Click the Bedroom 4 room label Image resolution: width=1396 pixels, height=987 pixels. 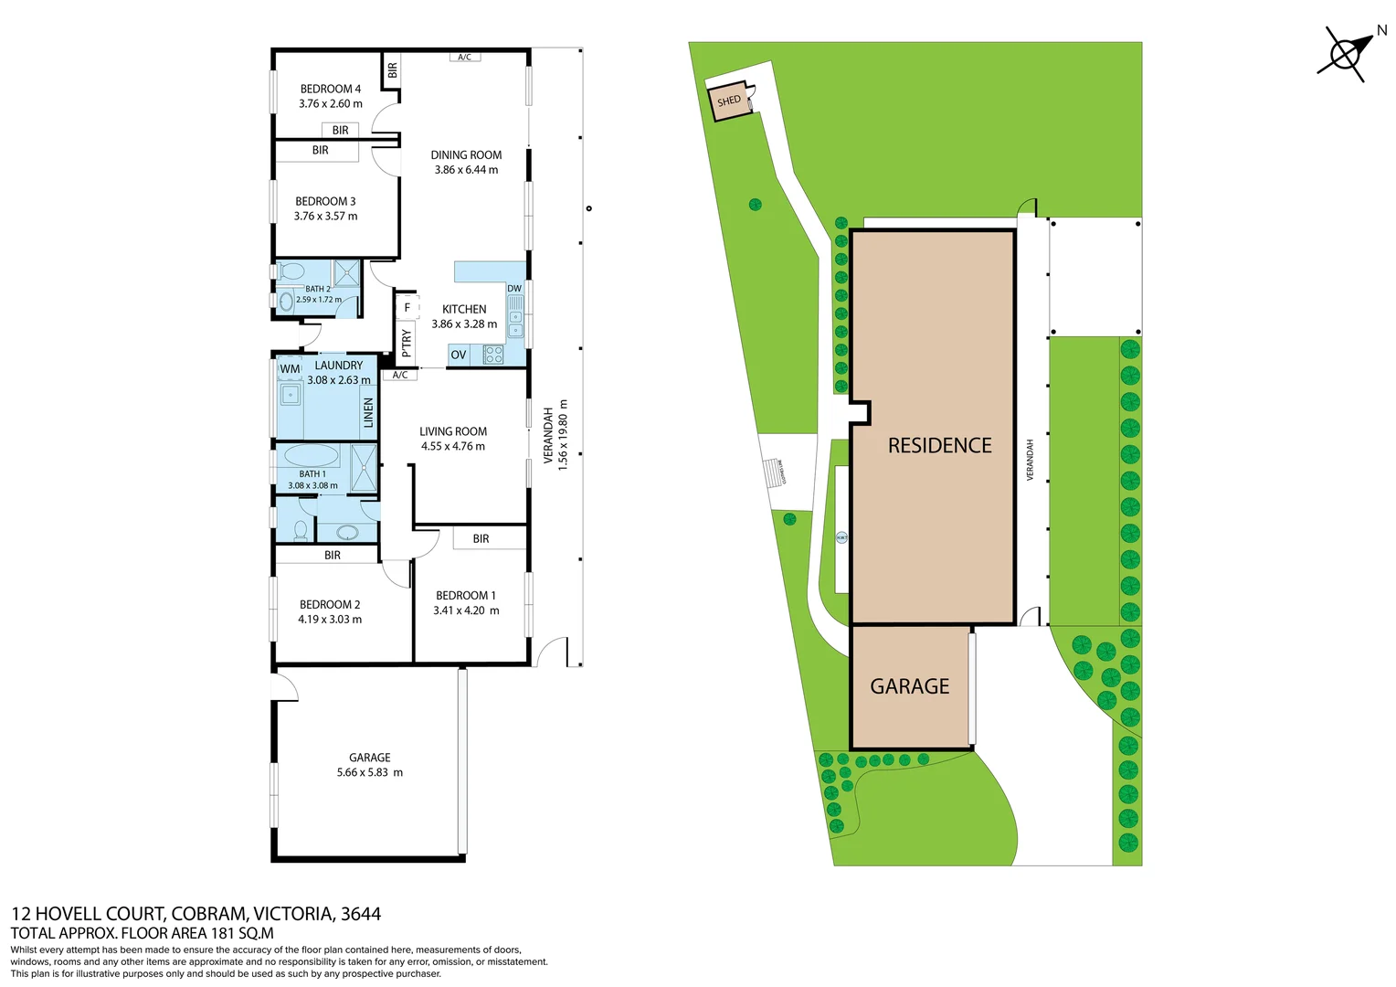coord(331,89)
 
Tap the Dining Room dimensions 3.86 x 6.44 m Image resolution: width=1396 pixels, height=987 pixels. coord(466,170)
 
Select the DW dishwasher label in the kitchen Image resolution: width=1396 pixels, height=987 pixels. coord(514,289)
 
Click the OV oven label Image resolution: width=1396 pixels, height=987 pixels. coord(459,355)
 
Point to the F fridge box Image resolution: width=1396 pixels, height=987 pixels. coord(407,308)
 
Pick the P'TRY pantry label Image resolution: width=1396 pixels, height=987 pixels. coord(407,343)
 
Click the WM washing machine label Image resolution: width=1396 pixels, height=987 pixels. coord(290,369)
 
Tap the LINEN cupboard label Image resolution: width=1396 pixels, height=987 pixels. coord(369,413)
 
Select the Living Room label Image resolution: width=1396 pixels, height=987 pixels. coord(453,431)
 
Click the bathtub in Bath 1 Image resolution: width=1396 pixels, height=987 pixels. coord(312,455)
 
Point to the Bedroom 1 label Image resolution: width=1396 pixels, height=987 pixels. coord(466,595)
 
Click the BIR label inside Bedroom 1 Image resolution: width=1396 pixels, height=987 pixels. coord(481,539)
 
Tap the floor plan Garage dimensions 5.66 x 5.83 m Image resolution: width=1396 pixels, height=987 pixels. coord(370,772)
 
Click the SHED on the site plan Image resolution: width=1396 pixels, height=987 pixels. coord(729,101)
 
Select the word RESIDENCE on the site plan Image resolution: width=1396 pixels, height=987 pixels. coord(940,446)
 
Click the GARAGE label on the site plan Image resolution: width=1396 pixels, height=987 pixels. coord(910,686)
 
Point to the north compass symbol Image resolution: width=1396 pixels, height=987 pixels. coord(1347,54)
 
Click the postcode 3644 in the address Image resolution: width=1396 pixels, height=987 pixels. coord(361,913)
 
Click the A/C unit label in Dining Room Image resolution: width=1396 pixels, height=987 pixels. coord(465,57)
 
